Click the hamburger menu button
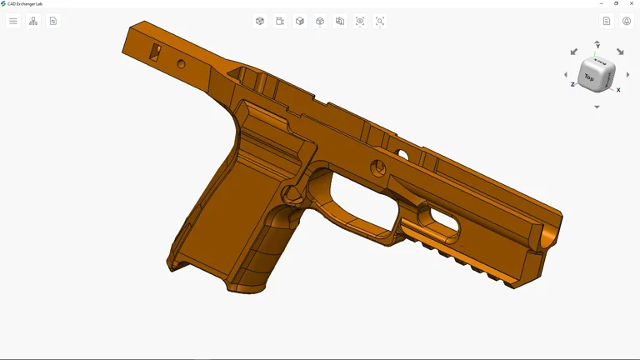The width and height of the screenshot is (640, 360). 13,21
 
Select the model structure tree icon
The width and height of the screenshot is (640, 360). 33,21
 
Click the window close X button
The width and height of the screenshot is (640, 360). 632,3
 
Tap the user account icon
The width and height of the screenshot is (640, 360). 627,21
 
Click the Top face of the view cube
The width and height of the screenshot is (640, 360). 590,77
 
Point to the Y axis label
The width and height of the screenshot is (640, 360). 597,47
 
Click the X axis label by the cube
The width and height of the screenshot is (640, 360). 618,90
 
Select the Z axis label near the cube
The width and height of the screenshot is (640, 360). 572,84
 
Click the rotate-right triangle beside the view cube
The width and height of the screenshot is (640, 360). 627,75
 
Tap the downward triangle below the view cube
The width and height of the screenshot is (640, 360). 597,107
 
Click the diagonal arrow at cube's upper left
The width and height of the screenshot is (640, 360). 573,52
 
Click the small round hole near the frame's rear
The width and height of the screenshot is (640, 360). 181,63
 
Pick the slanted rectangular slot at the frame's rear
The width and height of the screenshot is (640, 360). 155,52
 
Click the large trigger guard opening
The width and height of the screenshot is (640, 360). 361,201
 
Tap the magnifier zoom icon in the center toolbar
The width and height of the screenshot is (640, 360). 380,21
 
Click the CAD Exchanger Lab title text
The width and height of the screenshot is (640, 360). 25,3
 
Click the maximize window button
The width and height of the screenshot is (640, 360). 617,3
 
